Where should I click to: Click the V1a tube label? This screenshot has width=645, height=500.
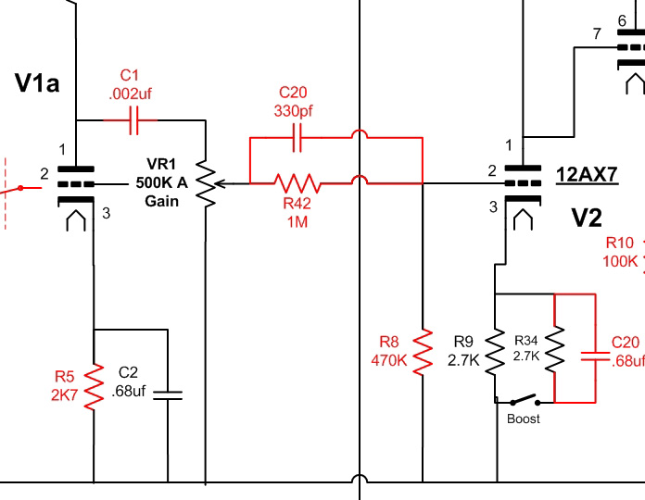tap(37, 83)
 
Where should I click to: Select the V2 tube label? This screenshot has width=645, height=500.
tap(587, 218)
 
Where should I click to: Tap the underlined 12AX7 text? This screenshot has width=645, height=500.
tap(587, 173)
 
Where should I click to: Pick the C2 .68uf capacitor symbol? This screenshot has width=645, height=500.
tap(167, 394)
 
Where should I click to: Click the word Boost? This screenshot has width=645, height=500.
tap(524, 419)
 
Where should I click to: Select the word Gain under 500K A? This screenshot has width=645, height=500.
tap(162, 201)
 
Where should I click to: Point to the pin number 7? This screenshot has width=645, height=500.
tap(596, 34)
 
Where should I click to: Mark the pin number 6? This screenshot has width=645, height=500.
tap(621, 20)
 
